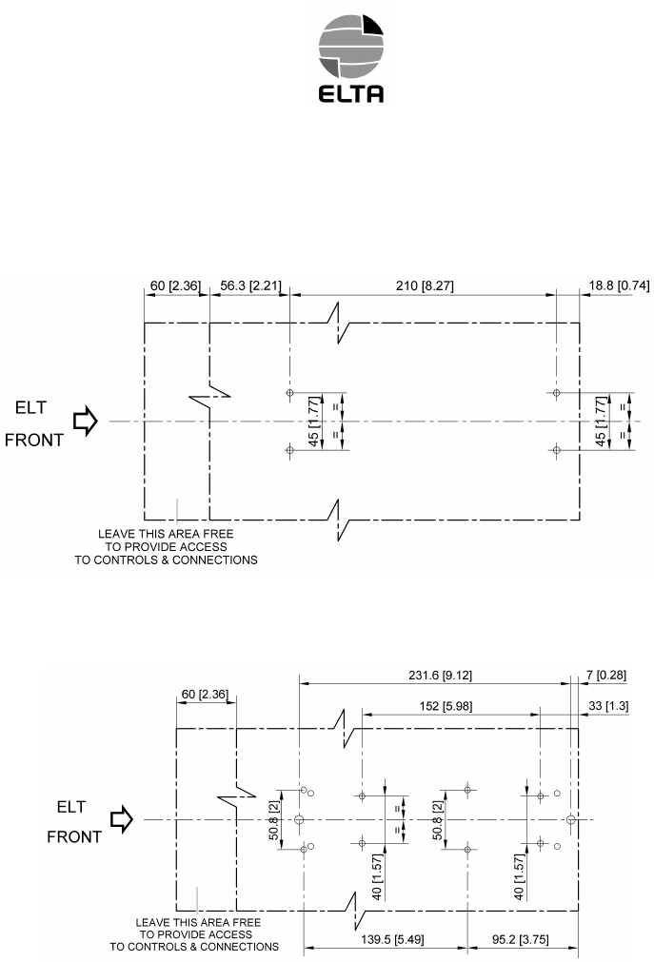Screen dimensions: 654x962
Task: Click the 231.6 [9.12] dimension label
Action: pyautogui.click(x=438, y=675)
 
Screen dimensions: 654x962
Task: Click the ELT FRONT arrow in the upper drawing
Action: pyautogui.click(x=85, y=421)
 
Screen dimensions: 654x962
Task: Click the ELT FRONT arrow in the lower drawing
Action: pyautogui.click(x=120, y=818)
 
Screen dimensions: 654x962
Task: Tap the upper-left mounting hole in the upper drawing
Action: pyautogui.click(x=289, y=393)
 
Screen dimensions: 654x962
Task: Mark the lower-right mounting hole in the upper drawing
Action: pyautogui.click(x=557, y=449)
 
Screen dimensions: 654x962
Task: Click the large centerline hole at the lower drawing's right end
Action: pyautogui.click(x=570, y=819)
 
